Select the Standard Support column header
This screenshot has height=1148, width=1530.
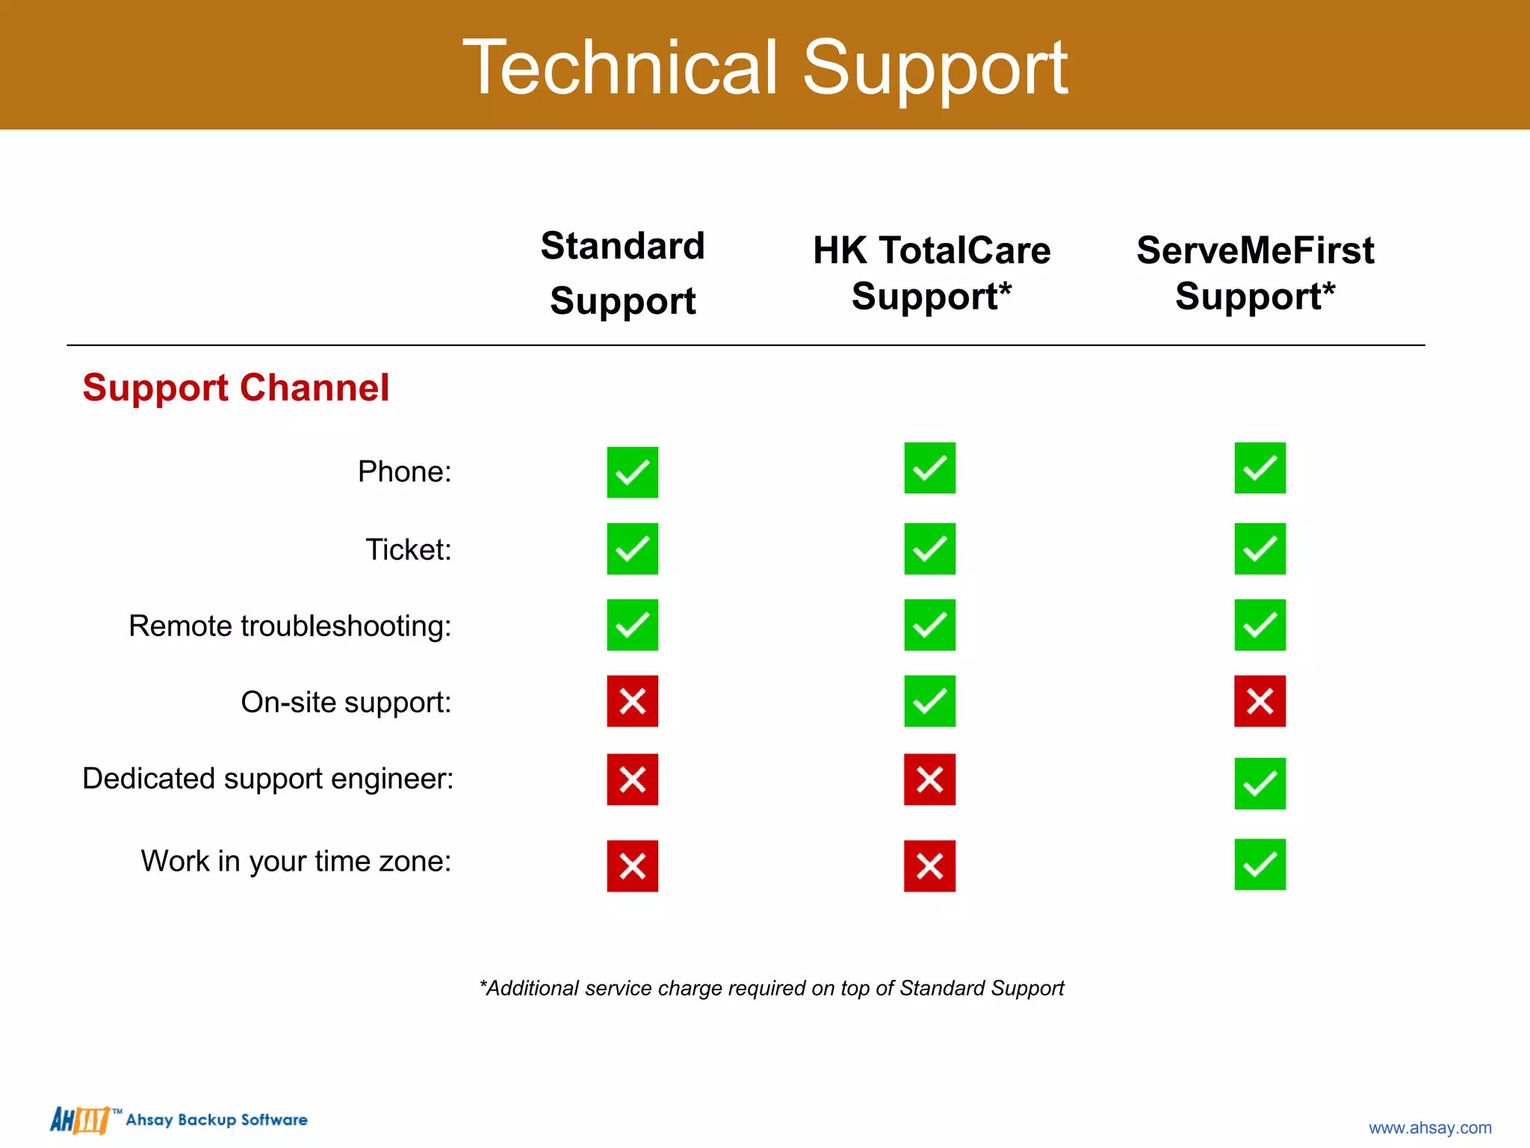(x=622, y=274)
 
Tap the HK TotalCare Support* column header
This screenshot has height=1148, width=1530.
(x=931, y=273)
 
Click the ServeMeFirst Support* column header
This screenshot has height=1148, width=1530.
(x=1255, y=273)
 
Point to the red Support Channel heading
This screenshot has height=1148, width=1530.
(x=236, y=388)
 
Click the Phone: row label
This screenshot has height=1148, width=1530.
(x=404, y=472)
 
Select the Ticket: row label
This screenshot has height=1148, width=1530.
(x=408, y=549)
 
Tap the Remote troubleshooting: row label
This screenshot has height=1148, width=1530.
(x=290, y=626)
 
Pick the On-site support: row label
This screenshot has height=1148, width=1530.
(x=346, y=702)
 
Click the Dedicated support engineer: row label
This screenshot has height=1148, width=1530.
(x=267, y=779)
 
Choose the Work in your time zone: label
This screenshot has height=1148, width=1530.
(x=296, y=861)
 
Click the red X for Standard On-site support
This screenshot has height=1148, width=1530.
(x=632, y=701)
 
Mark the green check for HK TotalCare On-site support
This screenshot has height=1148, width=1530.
(x=929, y=701)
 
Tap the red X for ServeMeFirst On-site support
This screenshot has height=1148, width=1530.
(x=1260, y=701)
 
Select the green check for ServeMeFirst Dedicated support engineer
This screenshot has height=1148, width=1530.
(x=1260, y=783)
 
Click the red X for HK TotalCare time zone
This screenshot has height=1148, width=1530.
(x=929, y=866)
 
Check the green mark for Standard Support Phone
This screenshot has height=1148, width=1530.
(x=632, y=472)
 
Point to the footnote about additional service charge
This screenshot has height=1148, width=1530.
(x=771, y=988)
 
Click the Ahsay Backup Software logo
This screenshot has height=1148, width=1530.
(x=179, y=1120)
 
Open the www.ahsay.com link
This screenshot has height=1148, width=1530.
(x=1429, y=1127)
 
